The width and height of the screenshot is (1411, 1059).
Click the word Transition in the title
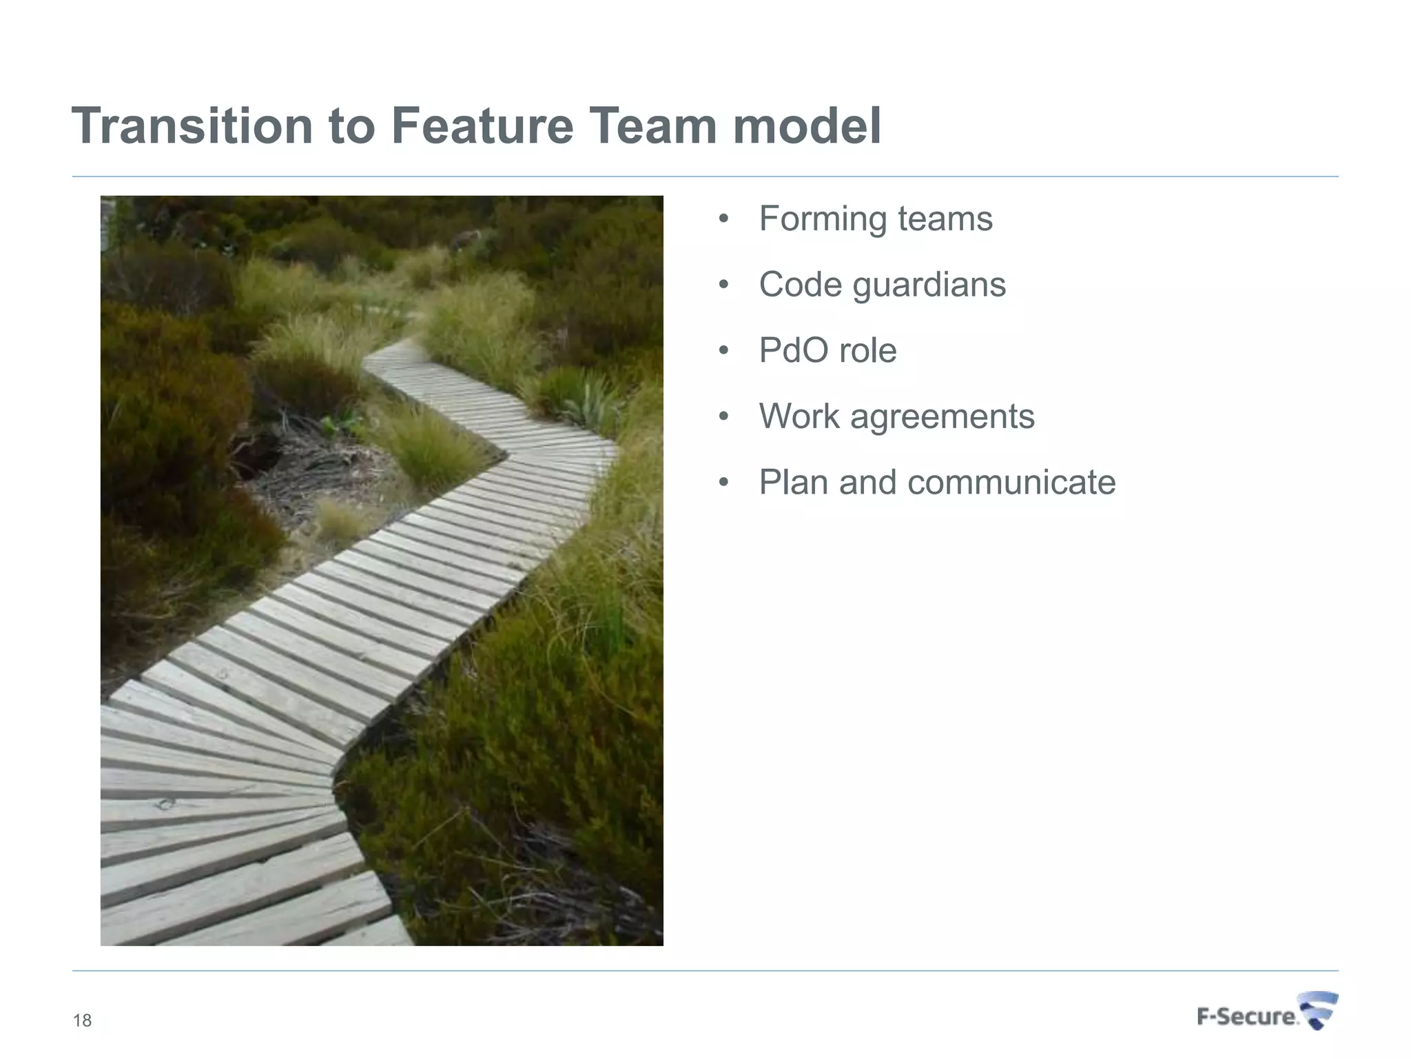coord(192,126)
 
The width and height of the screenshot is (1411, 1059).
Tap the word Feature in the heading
coord(482,126)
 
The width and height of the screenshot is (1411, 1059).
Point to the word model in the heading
coord(807,126)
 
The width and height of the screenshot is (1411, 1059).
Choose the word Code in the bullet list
coord(800,285)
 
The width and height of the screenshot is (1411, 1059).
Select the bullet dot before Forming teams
coord(723,220)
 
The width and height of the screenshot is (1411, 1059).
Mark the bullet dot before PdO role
coord(723,351)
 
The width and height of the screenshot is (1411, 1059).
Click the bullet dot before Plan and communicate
coord(723,483)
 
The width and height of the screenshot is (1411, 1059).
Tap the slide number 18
coord(82,1021)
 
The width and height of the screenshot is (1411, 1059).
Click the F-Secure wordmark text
coord(1246,1017)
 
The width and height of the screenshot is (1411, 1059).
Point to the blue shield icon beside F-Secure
coord(1319,1011)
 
